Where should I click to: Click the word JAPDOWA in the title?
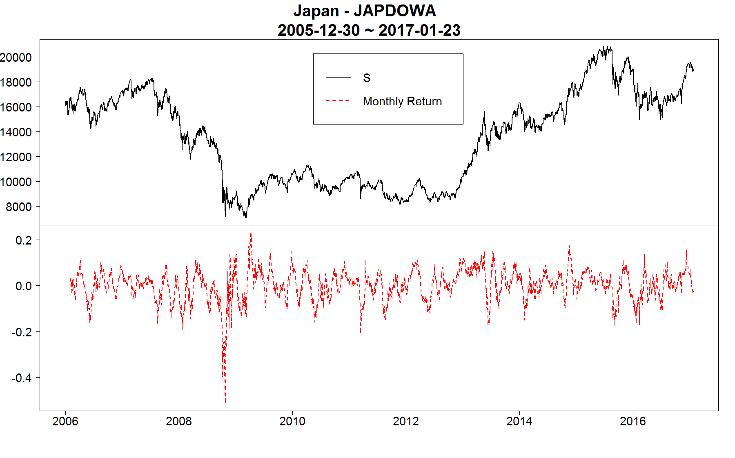tap(394, 11)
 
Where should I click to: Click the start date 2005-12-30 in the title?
tap(318, 30)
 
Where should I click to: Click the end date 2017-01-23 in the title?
tap(419, 30)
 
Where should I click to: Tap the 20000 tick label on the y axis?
tap(16, 58)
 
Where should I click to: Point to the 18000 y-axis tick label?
tap(16, 82)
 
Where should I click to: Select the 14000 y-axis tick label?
tap(16, 132)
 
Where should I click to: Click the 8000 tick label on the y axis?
tap(19, 207)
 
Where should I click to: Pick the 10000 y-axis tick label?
tap(16, 182)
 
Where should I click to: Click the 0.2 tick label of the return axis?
tap(24, 240)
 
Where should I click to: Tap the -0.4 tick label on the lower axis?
tap(22, 378)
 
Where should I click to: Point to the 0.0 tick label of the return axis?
tap(24, 286)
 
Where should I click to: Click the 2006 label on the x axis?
tap(65, 421)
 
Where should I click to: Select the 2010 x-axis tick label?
tap(292, 421)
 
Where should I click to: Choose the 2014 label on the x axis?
tap(519, 421)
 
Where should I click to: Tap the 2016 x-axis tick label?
tap(633, 421)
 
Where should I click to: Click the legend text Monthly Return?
tap(402, 101)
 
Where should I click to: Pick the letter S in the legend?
tap(367, 78)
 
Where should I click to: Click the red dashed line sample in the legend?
tap(338, 101)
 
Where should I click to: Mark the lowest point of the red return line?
tap(225, 402)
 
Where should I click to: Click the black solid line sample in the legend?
tap(338, 77)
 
